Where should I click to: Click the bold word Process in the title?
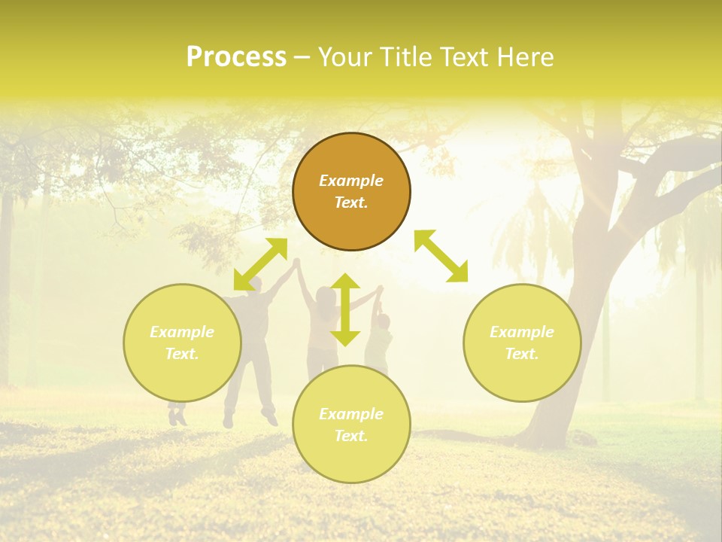pyautogui.click(x=236, y=57)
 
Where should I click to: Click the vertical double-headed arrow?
pyautogui.click(x=345, y=309)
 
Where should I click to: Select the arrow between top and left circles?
pyautogui.click(x=260, y=264)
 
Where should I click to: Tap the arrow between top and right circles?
pyautogui.click(x=441, y=256)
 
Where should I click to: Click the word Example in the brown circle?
pyautogui.click(x=351, y=181)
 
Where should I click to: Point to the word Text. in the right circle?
pyautogui.click(x=522, y=354)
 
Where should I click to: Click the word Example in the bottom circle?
pyautogui.click(x=351, y=414)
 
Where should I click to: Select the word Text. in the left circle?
pyautogui.click(x=182, y=354)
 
